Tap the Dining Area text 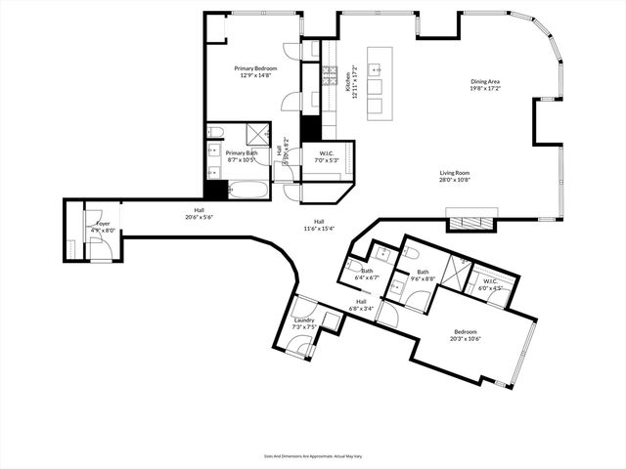(x=485, y=82)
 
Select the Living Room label (x=455, y=173)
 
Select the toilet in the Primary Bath (x=216, y=132)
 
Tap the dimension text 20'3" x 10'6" (x=465, y=339)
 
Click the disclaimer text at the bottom (x=312, y=454)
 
